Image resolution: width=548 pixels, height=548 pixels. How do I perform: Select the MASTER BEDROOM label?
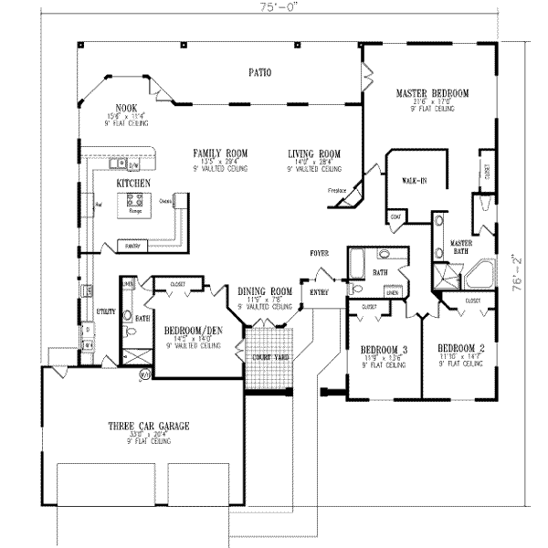coord(432,93)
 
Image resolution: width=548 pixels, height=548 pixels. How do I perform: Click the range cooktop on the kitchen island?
coord(138,201)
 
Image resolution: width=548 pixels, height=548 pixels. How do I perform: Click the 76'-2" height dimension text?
coord(517,272)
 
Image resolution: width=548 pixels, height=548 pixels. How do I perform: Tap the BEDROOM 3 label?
coord(384,349)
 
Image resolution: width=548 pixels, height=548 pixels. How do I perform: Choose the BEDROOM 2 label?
coord(460,348)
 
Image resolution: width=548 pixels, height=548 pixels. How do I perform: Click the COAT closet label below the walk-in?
coord(395,217)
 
